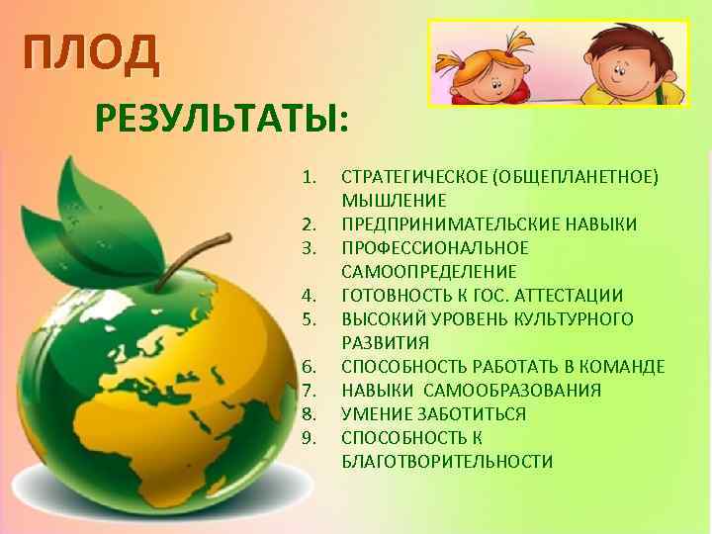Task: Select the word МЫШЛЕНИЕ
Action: click(387, 201)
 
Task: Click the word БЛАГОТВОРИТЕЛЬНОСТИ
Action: click(446, 462)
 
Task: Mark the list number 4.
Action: click(309, 296)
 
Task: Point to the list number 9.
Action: click(309, 438)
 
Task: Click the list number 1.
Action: click(309, 177)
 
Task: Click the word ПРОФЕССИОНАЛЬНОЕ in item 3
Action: click(435, 248)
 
